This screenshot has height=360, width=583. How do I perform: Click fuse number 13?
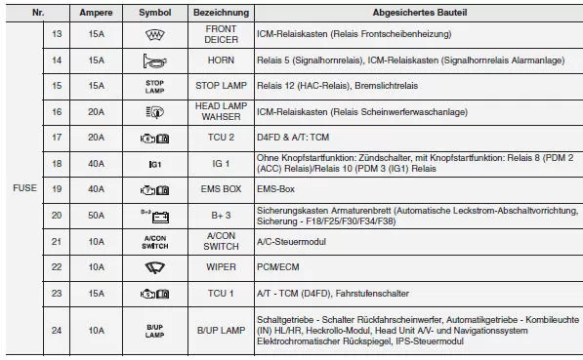pyautogui.click(x=56, y=33)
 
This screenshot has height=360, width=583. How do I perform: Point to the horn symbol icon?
pyautogui.click(x=155, y=60)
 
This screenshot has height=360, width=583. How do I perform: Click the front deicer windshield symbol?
pyautogui.click(x=155, y=33)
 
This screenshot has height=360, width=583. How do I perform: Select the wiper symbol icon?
pyautogui.click(x=155, y=266)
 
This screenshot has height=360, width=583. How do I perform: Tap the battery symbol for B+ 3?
pyautogui.click(x=155, y=214)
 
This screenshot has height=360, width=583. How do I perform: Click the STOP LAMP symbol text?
pyautogui.click(x=155, y=86)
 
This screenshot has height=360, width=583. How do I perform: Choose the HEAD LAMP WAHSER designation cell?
pyautogui.click(x=221, y=112)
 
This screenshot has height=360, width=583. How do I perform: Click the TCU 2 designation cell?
pyautogui.click(x=221, y=138)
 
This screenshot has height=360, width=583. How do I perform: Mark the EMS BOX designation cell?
pyautogui.click(x=221, y=188)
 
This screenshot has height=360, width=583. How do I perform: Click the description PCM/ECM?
pyautogui.click(x=281, y=266)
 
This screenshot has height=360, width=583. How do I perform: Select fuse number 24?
pyautogui.click(x=56, y=331)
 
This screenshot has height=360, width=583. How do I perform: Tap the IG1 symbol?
pyautogui.click(x=155, y=163)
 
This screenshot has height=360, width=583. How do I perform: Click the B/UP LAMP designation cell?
pyautogui.click(x=221, y=331)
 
